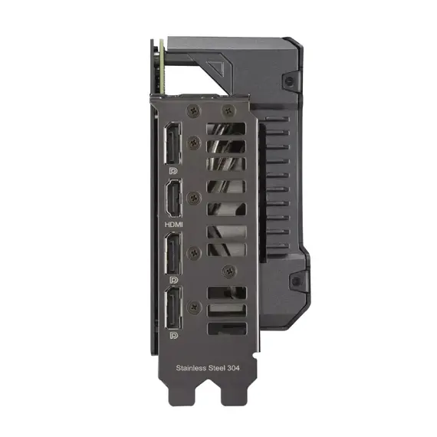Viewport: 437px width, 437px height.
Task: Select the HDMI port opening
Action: coord(173,201)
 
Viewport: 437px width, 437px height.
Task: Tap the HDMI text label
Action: coord(174,225)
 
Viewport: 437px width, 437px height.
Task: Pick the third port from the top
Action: coord(173,255)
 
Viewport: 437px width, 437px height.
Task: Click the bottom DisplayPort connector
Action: coord(173,310)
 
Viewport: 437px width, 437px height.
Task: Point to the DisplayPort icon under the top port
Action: coord(174,171)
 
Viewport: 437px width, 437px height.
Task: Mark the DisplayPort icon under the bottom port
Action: coord(174,336)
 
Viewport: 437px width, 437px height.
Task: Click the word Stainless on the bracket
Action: coord(192,369)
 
